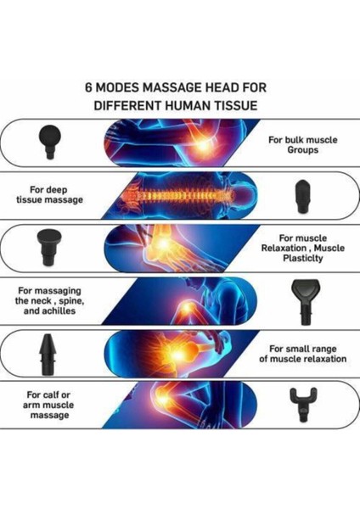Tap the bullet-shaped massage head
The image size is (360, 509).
pos(302,197)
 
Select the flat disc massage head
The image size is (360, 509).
pos(49,246)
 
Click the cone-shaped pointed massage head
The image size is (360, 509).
pos(48,354)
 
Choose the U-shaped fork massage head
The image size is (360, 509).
pos(303,403)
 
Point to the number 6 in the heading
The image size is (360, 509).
pos(88,87)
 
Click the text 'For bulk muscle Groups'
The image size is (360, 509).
pos(303,145)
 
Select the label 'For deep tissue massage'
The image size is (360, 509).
pos(49,194)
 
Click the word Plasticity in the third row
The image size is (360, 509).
pos(302,259)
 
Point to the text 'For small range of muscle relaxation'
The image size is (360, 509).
pos(302,354)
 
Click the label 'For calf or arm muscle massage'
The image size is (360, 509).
pos(48,405)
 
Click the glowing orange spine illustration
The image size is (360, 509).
pos(177,196)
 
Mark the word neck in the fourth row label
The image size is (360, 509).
pos(43,301)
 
